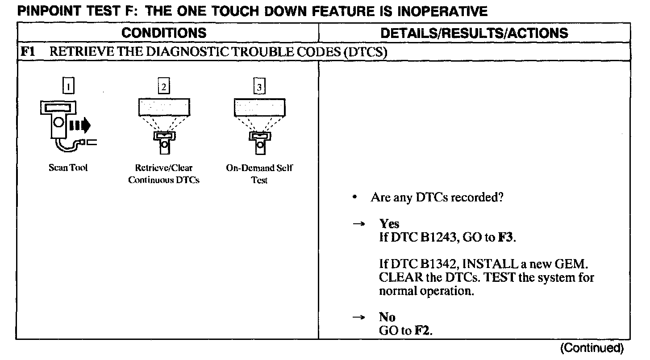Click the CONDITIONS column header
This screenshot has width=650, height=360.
tap(164, 33)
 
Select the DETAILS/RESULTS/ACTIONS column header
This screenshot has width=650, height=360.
tap(474, 33)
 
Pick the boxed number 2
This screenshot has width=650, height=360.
tap(164, 87)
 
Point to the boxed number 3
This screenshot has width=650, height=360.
tap(259, 87)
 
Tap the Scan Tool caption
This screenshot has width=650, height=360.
tap(68, 168)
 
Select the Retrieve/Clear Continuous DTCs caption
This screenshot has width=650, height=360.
tap(164, 174)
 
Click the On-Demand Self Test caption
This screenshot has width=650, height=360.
tap(259, 174)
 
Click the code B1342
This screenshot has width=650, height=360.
tap(440, 264)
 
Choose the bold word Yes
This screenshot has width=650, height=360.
tap(389, 224)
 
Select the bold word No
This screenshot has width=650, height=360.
tap(387, 317)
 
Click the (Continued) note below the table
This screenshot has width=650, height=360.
tap(591, 348)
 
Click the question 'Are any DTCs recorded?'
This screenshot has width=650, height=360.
tap(437, 197)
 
